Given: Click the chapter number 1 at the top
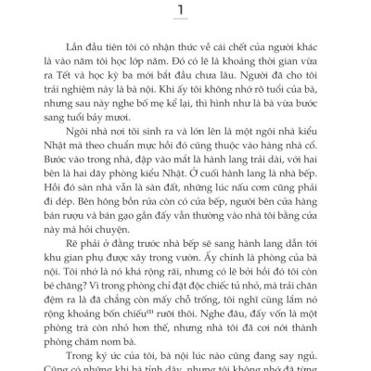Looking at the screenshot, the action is [x=185, y=10].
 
